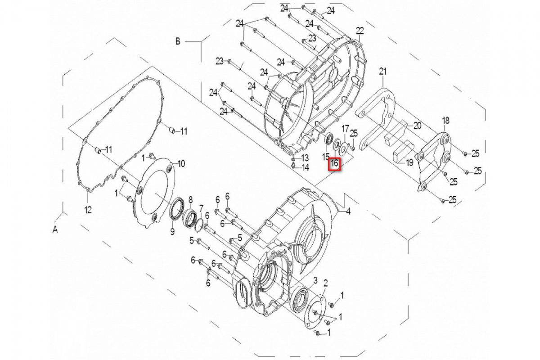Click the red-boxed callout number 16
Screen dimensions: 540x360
(334, 164)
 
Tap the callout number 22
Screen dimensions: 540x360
(360, 31)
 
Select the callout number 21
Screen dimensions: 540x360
(383, 72)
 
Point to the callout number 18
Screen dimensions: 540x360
(446, 121)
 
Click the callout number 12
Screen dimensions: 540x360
(88, 210)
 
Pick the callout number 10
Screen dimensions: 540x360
(181, 164)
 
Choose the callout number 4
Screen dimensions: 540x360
(348, 211)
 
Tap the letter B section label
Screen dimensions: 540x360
(178, 41)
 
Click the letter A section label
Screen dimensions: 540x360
(55, 229)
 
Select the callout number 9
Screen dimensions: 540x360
(172, 232)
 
